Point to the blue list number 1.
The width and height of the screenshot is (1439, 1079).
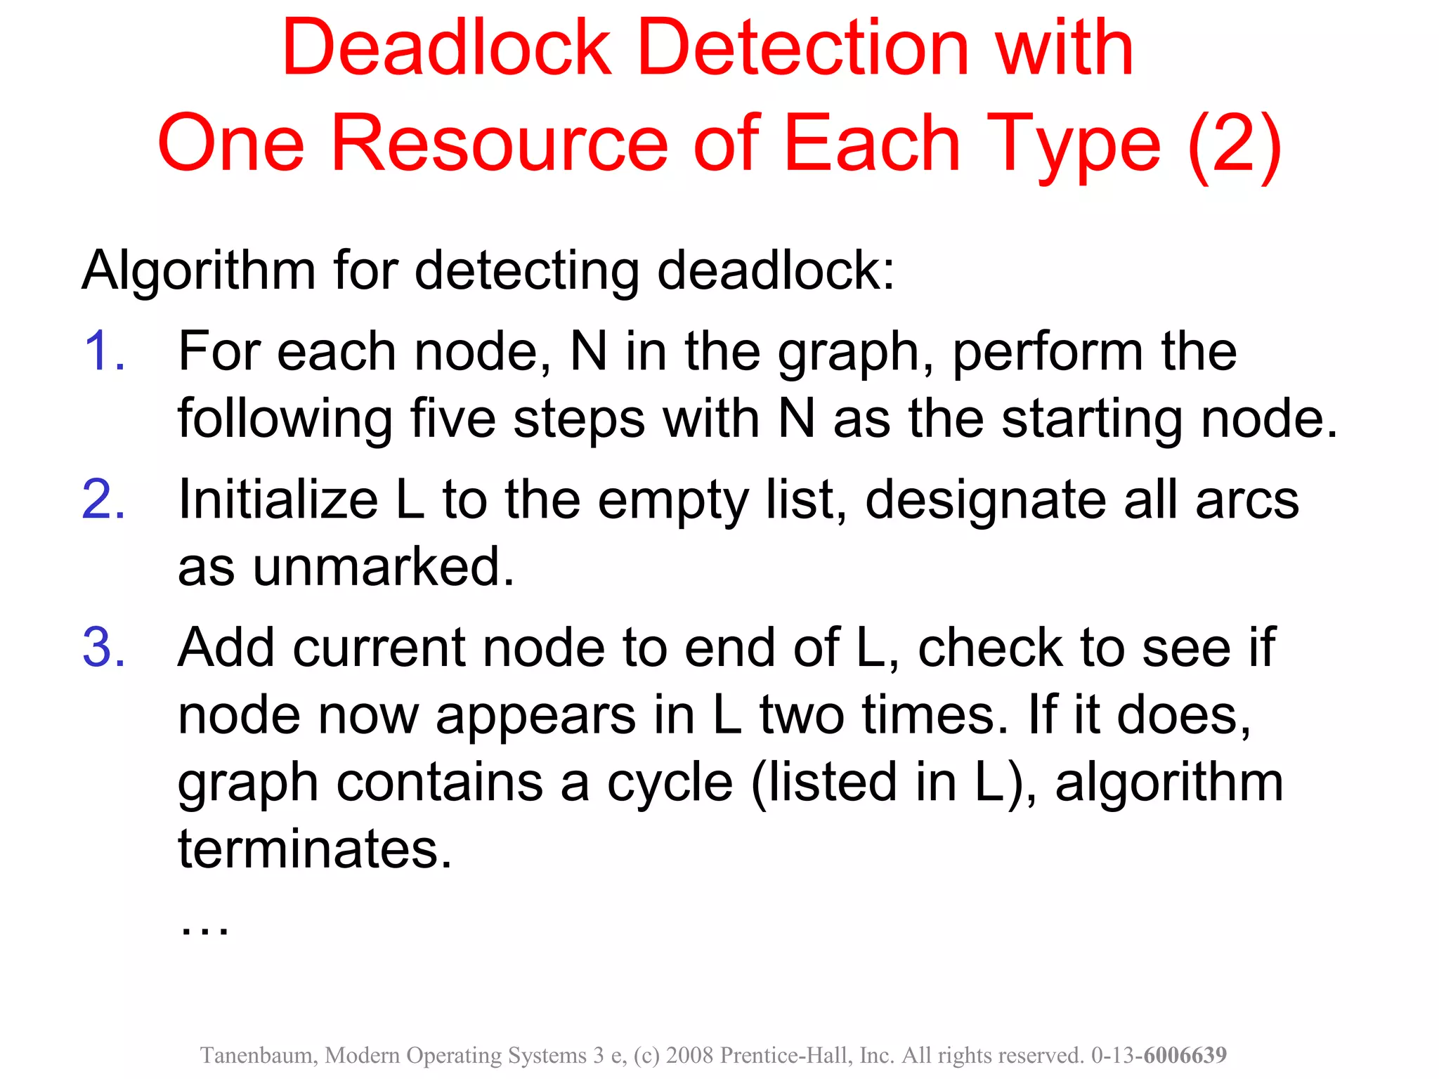point(103,351)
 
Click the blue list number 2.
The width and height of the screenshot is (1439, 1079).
point(103,499)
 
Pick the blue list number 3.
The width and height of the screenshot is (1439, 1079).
point(103,647)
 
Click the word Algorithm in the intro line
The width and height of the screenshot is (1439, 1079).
point(199,271)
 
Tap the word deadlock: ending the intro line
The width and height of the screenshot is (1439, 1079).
point(776,271)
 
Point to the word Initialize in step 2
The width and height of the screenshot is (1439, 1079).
point(278,499)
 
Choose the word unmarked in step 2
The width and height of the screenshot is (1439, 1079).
point(383,567)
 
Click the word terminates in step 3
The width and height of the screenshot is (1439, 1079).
point(315,849)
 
